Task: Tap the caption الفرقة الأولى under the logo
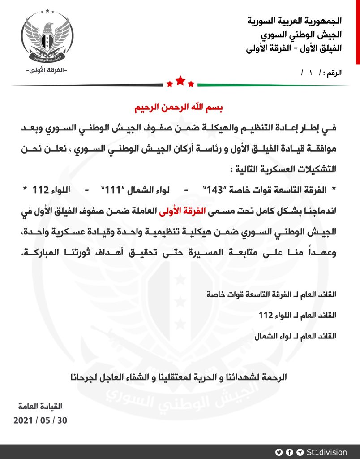pyautogui.click(x=47, y=70)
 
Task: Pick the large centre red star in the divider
pyautogui.click(x=180, y=81)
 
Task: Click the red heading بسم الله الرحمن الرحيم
pyautogui.click(x=180, y=109)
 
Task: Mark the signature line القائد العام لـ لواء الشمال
pyautogui.click(x=294, y=335)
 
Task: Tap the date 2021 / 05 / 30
pyautogui.click(x=40, y=421)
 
